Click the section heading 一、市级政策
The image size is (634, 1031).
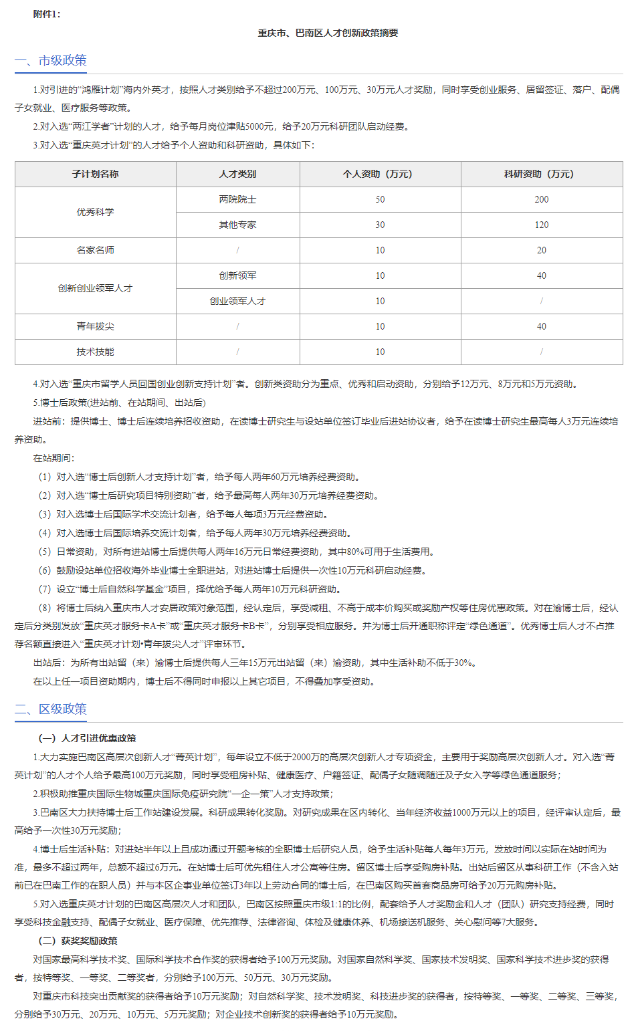pos(51,60)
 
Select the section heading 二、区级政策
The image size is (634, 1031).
pos(51,709)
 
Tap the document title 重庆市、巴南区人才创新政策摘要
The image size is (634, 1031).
pos(328,33)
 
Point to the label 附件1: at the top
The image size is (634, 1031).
pos(47,14)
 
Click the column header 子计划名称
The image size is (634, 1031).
pos(96,174)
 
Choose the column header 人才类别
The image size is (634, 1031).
pos(237,174)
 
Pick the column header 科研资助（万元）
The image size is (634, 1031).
pos(541,174)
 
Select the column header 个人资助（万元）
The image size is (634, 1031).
pos(380,174)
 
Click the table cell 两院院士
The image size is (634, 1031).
pos(237,199)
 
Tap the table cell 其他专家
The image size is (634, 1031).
pos(237,225)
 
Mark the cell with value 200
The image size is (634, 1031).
pos(541,199)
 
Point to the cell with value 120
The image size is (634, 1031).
pos(541,225)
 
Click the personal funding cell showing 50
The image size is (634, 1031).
pos(380,199)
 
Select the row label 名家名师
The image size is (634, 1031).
pos(96,250)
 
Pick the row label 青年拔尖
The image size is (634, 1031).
pos(96,326)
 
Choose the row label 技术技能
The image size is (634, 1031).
pos(96,352)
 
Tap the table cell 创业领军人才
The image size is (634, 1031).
pos(237,301)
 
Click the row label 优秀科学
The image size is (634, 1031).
pos(96,212)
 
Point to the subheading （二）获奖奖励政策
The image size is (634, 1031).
pos(78,941)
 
